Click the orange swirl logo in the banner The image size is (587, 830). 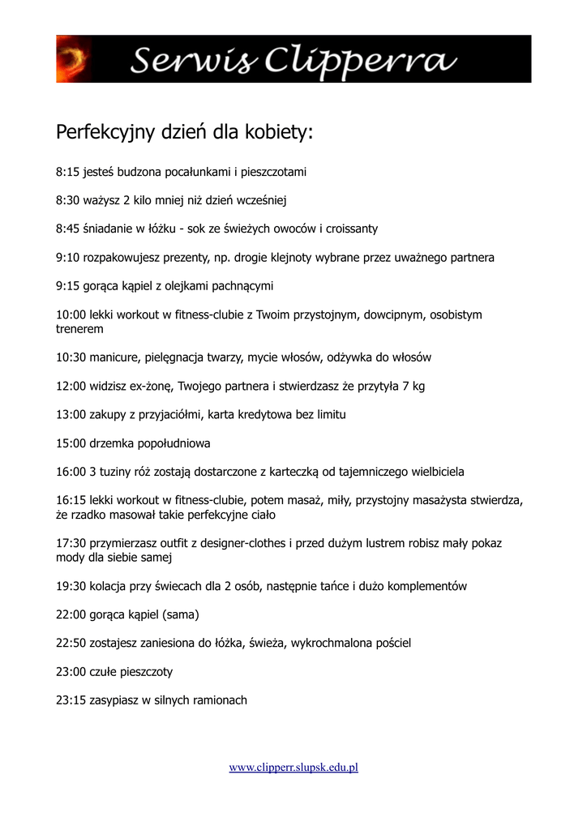[71, 59]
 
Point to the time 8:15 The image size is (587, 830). [67, 172]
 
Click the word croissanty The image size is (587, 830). [349, 229]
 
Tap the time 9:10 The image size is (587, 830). [67, 258]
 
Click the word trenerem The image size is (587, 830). [79, 330]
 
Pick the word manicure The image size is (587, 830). [114, 357]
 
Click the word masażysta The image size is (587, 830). [452, 500]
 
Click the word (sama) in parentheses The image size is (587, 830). [181, 614]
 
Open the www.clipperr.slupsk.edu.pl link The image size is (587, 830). [293, 767]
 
